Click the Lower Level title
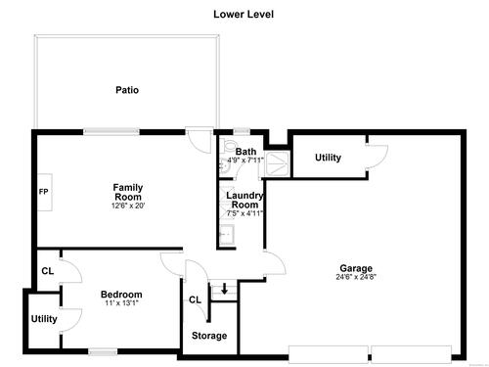click(x=244, y=15)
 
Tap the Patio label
click(x=127, y=90)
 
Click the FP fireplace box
click(x=45, y=192)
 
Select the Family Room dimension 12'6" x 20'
click(x=128, y=206)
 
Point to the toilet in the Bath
click(x=229, y=145)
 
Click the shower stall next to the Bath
click(x=277, y=164)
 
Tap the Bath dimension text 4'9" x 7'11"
click(x=245, y=161)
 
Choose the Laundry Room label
click(x=244, y=200)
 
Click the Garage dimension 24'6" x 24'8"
click(x=356, y=277)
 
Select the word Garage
click(x=356, y=268)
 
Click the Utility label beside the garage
click(x=328, y=158)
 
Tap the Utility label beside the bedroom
click(x=44, y=319)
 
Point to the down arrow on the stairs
click(x=224, y=289)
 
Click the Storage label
click(x=209, y=336)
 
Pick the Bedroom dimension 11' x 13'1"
click(x=121, y=303)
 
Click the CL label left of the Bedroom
click(x=48, y=271)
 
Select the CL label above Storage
click(x=195, y=299)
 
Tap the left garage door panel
click(x=329, y=354)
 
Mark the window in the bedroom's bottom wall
click(x=103, y=352)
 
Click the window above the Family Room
click(x=111, y=131)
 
